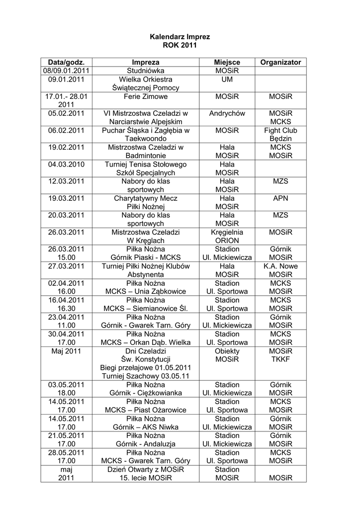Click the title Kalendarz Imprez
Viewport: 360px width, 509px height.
[180, 37]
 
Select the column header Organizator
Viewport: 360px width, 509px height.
[280, 62]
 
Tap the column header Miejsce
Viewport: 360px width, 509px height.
[227, 62]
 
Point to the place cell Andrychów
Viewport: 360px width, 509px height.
[227, 113]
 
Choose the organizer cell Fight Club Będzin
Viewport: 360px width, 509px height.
[280, 134]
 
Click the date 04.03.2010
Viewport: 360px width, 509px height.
[66, 164]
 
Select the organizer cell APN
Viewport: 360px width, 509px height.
[280, 198]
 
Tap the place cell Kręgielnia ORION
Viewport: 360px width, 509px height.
[227, 236]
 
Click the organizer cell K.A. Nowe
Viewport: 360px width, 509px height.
[280, 266]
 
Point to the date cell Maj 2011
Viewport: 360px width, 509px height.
[66, 351]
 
